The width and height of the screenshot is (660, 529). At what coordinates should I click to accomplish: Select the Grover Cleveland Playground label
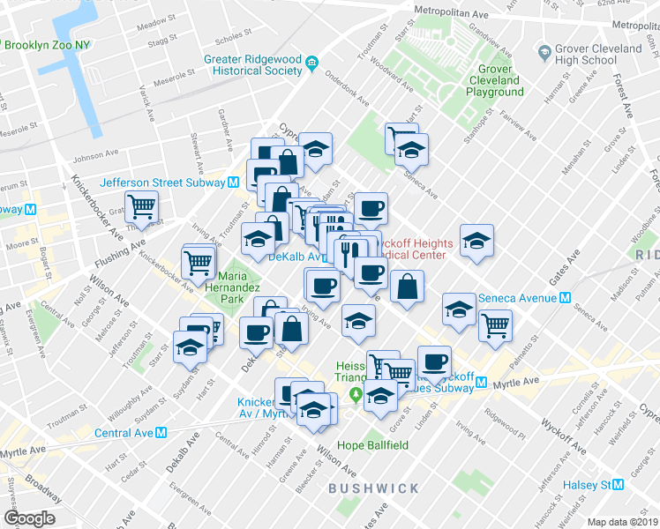(x=500, y=80)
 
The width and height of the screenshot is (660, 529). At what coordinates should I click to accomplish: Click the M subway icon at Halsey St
(x=619, y=485)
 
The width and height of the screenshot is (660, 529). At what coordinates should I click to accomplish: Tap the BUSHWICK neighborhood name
(x=373, y=488)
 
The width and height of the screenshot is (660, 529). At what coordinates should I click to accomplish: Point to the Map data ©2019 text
(x=622, y=522)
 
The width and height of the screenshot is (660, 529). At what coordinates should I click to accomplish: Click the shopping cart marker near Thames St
(x=141, y=207)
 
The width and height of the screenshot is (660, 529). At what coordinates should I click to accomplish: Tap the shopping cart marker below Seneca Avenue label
(x=495, y=325)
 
